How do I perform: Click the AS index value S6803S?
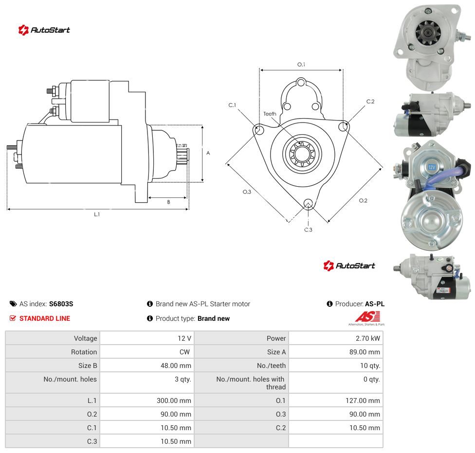(61, 304)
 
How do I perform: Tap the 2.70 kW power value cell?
(336, 338)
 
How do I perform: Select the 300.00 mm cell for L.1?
(147, 401)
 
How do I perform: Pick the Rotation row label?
(84, 352)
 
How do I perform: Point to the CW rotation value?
(184, 352)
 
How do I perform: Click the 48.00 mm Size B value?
(176, 366)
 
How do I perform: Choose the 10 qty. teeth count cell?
(336, 366)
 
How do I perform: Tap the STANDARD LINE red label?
(45, 318)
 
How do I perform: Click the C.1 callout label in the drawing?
(232, 105)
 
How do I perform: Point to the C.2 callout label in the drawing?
(370, 102)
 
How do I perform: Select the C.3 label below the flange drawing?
(308, 230)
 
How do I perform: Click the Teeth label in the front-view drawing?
(270, 114)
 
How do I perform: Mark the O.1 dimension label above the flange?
(301, 65)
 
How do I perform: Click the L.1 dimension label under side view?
(97, 214)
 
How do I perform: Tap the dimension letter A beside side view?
(208, 153)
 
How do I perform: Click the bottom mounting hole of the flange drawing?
(308, 203)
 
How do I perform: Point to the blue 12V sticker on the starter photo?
(432, 167)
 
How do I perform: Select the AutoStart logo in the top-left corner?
(44, 30)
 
